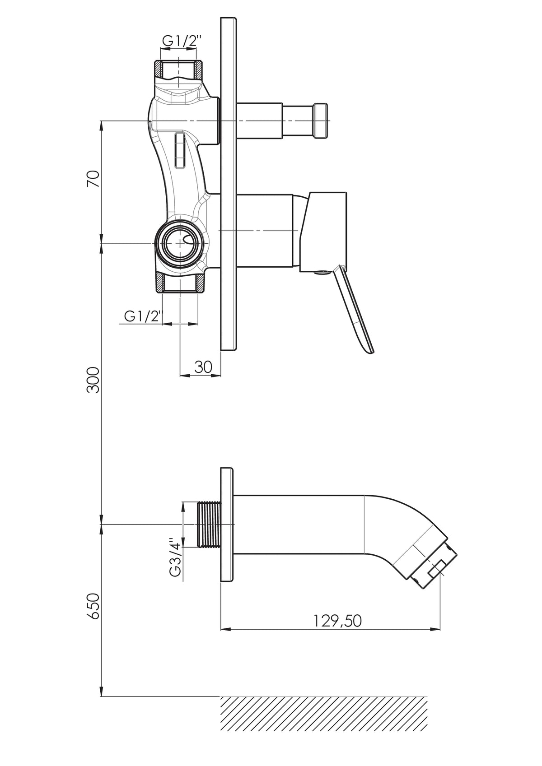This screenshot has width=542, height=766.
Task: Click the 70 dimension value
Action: [x=93, y=178]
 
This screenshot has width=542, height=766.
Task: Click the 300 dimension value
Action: [x=93, y=380]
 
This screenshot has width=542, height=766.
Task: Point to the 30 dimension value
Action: [x=203, y=367]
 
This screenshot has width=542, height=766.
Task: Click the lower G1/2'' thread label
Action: [x=143, y=316]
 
